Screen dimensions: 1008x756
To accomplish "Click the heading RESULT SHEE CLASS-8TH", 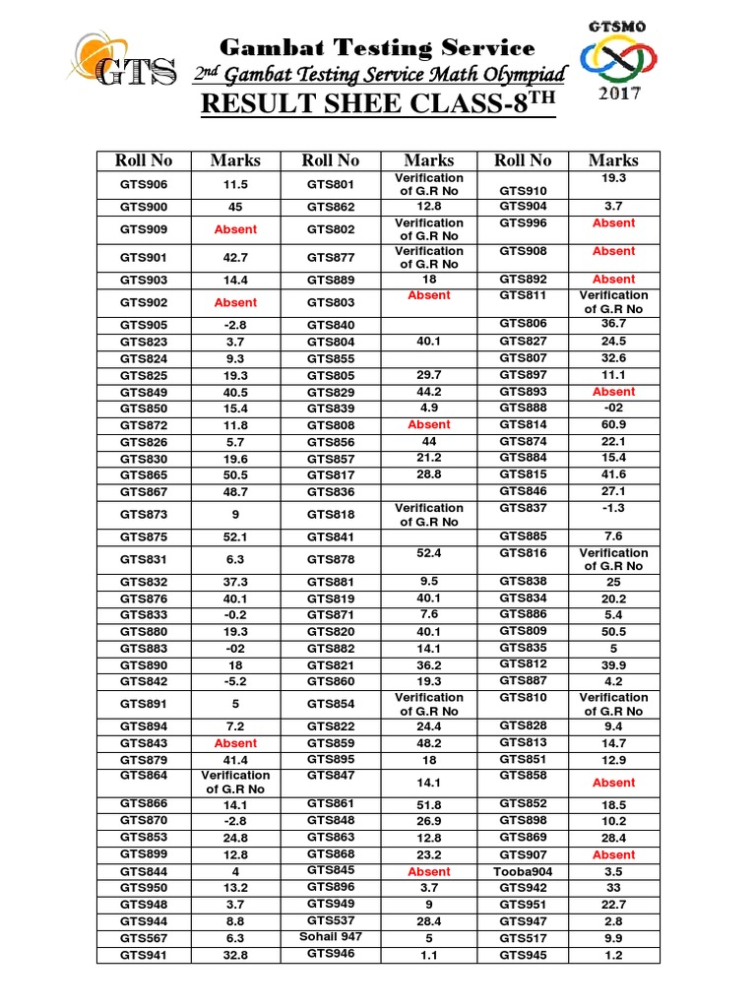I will [x=378, y=103].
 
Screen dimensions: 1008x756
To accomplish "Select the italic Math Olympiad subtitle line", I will [x=378, y=75].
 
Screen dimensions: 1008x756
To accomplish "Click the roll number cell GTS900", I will [x=144, y=207].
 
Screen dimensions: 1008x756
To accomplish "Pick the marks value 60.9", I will [x=613, y=424].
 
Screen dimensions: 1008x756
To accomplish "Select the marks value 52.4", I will [x=428, y=553].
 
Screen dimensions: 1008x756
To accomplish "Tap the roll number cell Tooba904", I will [x=523, y=871].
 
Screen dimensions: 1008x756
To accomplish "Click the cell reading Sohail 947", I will [x=331, y=937].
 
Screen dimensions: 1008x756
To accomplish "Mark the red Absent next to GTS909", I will [x=235, y=229].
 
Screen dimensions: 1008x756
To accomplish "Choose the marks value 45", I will [x=235, y=207].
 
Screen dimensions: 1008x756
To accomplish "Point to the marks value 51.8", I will [x=428, y=804].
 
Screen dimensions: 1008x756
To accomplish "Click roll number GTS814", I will [x=523, y=424].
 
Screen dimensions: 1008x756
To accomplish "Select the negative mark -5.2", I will [x=235, y=681].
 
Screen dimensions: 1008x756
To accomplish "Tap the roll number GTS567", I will [x=144, y=938].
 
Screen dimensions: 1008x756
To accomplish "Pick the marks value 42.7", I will [x=235, y=258].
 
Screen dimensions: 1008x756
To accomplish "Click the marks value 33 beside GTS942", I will [x=613, y=888].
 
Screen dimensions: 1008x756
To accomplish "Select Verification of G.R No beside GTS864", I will [x=235, y=783].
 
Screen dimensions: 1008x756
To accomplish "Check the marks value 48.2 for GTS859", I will [x=428, y=743].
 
